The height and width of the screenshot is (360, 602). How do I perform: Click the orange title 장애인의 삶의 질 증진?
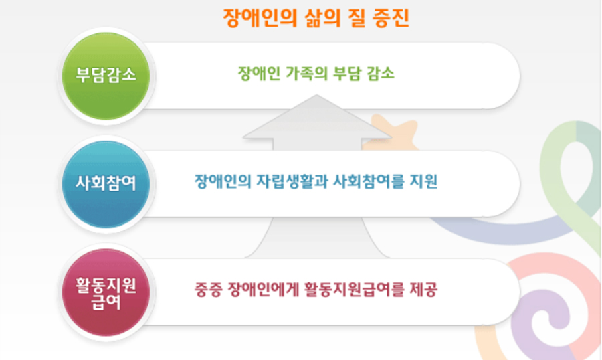[x=316, y=17]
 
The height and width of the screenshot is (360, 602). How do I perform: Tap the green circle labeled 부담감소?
[x=106, y=76]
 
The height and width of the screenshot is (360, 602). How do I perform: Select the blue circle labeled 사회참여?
[x=106, y=184]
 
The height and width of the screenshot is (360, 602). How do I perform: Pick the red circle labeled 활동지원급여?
[x=106, y=292]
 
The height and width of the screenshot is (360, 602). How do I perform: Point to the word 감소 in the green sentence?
[x=380, y=73]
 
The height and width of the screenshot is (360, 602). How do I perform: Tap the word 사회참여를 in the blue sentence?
[x=368, y=181]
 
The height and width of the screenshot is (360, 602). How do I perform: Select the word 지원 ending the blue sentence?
[x=424, y=181]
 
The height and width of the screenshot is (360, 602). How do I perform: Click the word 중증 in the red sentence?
[x=208, y=290]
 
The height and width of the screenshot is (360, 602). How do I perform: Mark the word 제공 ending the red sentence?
[x=424, y=290]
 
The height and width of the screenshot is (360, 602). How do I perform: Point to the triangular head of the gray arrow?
[x=317, y=117]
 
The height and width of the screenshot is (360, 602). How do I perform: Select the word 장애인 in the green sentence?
[x=259, y=73]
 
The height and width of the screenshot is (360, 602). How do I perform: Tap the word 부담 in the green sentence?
[x=346, y=73]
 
